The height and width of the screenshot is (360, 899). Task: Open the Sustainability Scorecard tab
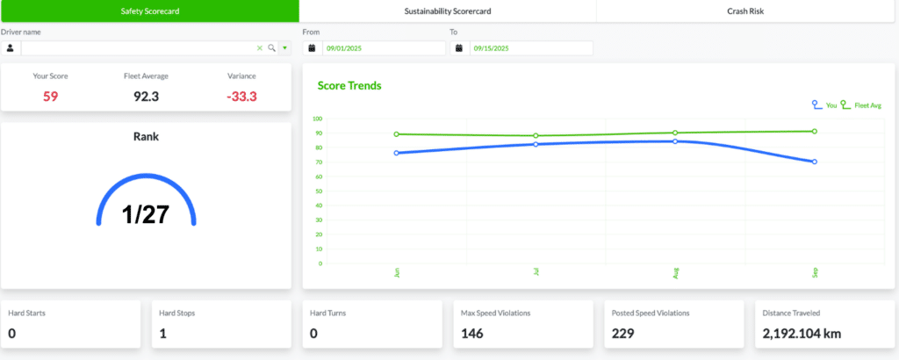pos(448,11)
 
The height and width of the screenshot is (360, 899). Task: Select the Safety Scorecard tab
pos(149,11)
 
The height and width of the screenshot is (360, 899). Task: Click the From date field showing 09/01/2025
pos(384,48)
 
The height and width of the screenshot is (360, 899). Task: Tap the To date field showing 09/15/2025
pos(531,48)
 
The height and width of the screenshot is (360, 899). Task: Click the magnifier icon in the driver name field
pos(272,48)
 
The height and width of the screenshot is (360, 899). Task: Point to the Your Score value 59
pos(50,97)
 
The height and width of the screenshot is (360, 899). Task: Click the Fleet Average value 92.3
pos(147,97)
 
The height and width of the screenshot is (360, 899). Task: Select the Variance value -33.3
pos(241,97)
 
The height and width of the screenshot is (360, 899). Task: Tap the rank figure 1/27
pos(146,214)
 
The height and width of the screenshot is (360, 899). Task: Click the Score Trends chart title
pos(349,86)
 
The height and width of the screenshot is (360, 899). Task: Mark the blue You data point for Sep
pos(814,162)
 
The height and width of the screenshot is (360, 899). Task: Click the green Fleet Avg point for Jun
pos(396,134)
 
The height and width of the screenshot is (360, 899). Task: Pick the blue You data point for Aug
pos(675,141)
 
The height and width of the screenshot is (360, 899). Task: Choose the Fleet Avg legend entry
pos(860,105)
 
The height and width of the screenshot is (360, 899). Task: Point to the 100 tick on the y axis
pos(317,119)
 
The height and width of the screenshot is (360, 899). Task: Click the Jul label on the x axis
pos(536,271)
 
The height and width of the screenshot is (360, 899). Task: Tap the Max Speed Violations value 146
pos(471,333)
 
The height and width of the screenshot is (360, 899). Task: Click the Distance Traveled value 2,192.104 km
pos(802,333)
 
